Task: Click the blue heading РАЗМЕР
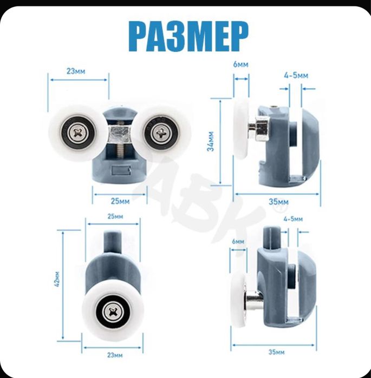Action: click(188, 36)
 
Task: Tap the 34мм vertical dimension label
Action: click(211, 141)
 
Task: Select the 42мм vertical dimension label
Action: click(57, 279)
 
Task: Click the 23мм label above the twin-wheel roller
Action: click(76, 71)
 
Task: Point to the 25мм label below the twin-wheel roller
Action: click(120, 201)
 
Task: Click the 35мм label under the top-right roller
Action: click(278, 202)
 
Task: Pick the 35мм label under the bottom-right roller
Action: click(276, 352)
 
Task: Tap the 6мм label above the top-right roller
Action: click(240, 64)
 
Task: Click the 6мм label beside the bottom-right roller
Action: click(238, 241)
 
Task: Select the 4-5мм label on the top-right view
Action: click(296, 76)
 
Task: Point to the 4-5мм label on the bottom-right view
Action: click(293, 219)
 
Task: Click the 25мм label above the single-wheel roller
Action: click(115, 216)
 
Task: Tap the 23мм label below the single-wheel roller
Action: click(115, 355)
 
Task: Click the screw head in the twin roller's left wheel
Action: click(78, 132)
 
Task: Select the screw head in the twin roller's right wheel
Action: click(161, 133)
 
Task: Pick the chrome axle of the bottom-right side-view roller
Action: click(254, 300)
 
